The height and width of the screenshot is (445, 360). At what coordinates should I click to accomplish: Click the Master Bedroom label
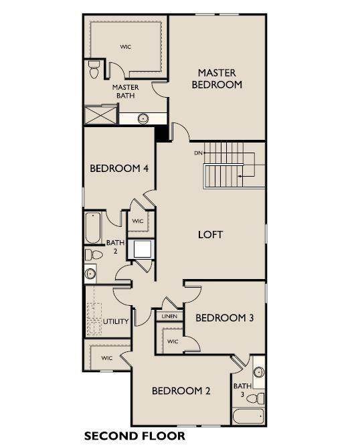point(217,78)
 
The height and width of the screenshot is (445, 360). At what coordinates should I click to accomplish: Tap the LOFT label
point(210,235)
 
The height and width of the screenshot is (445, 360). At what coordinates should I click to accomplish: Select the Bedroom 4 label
point(119,168)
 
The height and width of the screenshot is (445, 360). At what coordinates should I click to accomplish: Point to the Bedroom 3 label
point(224,318)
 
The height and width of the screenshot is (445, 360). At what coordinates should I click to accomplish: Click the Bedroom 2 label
point(181,391)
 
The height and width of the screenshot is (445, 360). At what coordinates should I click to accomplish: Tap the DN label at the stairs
point(198,153)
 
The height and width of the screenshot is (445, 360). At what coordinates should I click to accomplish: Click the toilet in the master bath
point(94,69)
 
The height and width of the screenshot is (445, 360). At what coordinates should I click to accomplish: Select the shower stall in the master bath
point(101,114)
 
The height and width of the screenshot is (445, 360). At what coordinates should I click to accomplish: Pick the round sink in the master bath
point(143,118)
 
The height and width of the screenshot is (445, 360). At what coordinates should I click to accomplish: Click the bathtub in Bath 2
point(93,228)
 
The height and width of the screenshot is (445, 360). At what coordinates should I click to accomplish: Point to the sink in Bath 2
point(90,274)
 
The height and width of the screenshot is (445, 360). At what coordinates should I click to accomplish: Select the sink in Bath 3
point(259,372)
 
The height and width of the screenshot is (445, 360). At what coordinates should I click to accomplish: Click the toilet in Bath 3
point(256,398)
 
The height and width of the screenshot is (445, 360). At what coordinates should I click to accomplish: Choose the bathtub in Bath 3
point(249,416)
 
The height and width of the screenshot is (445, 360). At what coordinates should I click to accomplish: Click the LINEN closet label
point(170,316)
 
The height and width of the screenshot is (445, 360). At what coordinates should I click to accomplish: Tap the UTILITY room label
point(116,321)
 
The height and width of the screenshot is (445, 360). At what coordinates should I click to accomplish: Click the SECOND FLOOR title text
point(134,436)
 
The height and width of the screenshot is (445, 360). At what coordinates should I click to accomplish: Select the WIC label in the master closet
point(125,47)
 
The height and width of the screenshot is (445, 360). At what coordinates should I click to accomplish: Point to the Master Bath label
point(125,92)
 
